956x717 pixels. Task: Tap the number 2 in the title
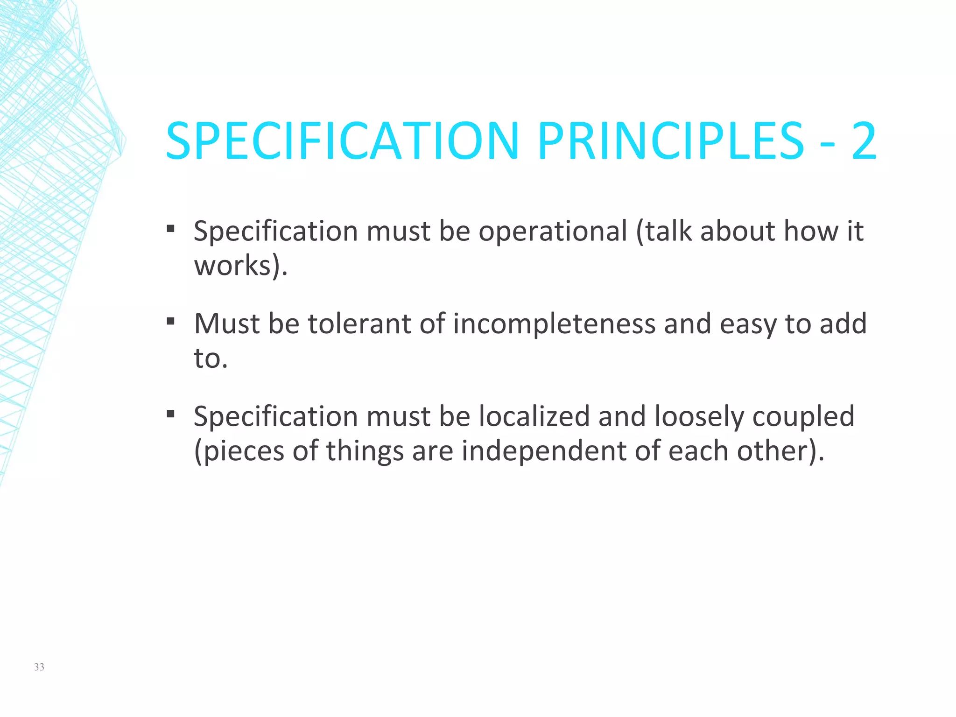864,141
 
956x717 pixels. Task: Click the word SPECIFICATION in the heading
342,141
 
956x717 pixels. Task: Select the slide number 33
39,667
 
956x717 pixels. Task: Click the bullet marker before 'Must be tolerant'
170,321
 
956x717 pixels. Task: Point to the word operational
553,231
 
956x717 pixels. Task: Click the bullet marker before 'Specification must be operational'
170,229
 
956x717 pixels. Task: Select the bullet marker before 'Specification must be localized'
170,414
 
